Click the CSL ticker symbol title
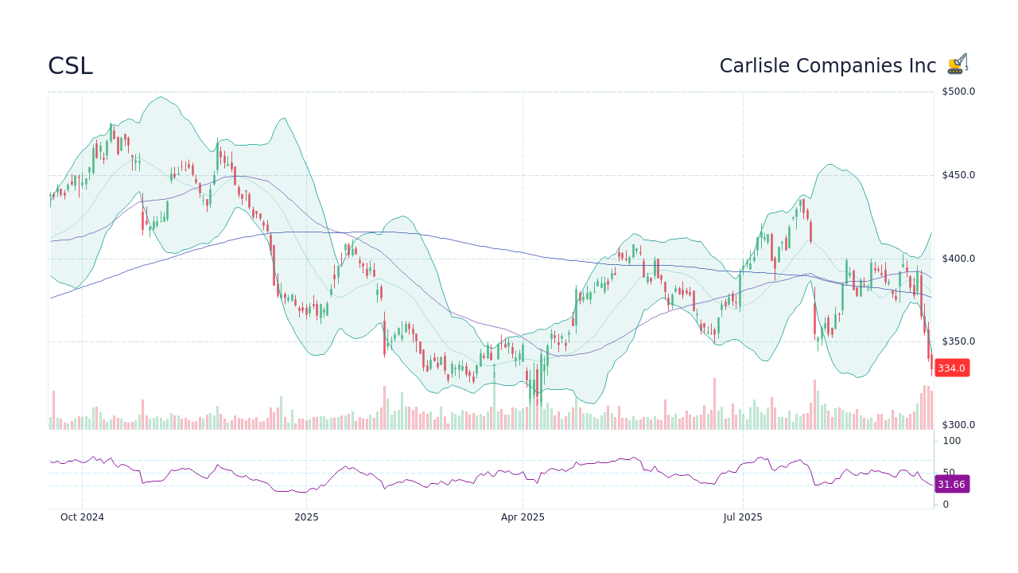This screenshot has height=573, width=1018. pos(70,66)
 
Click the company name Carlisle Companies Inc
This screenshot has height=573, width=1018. pos(827,66)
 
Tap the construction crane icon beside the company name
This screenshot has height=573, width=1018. pos(957,64)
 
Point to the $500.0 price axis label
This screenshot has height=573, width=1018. pos(958,92)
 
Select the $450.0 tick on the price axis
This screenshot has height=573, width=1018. pos(958,175)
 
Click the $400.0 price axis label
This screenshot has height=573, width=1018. pos(958,259)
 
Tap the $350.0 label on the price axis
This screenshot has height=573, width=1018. pos(958,341)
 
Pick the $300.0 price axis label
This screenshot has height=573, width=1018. pos(958,425)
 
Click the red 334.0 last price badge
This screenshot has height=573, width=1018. pos(951,368)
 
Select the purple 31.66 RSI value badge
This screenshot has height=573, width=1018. pos(951,485)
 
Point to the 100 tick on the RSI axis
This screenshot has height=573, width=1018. pos(951,441)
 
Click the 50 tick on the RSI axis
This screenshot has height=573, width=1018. pos(948,472)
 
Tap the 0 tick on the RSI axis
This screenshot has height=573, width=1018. pos(945,505)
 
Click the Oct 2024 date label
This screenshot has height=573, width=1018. pos(82,517)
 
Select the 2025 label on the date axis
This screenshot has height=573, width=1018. pos(306,517)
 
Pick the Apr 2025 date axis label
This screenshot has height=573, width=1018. pos(523,517)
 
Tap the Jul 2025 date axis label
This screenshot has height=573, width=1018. pos(743,517)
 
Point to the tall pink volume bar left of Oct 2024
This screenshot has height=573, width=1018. pos(53,410)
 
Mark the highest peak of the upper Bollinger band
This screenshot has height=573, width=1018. pos(161,97)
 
